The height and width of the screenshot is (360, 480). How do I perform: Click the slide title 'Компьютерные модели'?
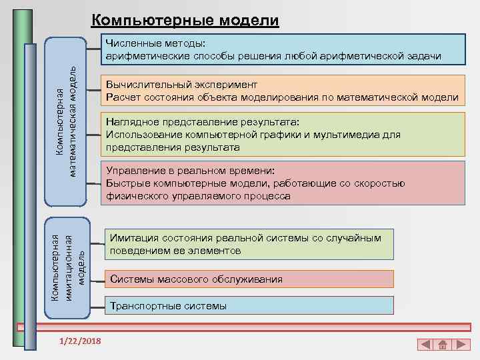[x=185, y=21]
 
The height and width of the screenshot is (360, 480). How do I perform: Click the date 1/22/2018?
[x=80, y=341]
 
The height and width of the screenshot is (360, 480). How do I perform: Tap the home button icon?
[x=442, y=345]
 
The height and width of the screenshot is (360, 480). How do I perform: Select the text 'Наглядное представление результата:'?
[x=203, y=123]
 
